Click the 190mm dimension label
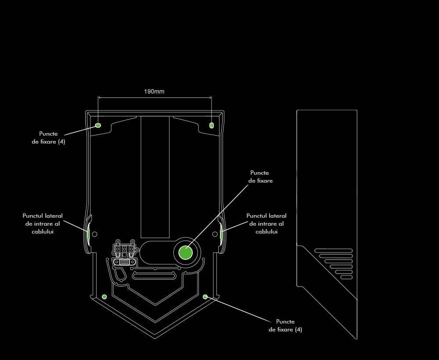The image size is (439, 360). click(154, 92)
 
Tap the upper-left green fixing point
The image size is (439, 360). click(98, 125)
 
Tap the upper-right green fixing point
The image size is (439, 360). click(212, 125)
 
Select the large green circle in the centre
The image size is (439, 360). click(186, 252)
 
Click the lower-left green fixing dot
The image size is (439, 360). click(104, 297)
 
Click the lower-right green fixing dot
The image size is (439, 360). click(205, 297)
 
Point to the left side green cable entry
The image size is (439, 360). click(88, 234)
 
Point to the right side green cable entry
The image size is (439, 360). click(221, 234)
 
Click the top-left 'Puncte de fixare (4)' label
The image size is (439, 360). click(49, 138)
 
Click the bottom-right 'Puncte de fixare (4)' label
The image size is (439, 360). click(285, 326)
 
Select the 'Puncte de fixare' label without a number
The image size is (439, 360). click(260, 176)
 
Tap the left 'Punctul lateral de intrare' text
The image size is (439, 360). click(43, 223)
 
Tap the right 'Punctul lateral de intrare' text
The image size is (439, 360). click(266, 223)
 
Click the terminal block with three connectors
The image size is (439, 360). click(125, 249)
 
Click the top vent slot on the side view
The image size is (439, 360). click(333, 251)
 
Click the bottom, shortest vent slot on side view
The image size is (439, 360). click(346, 277)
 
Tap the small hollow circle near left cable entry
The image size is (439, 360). click(94, 234)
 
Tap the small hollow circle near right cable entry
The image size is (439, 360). click(215, 234)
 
